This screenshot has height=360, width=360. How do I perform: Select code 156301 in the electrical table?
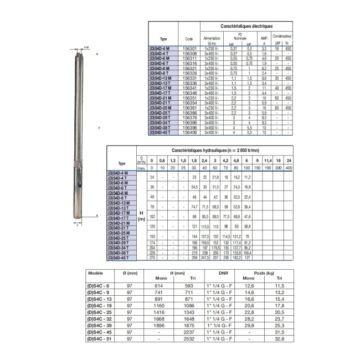[x=188, y=49]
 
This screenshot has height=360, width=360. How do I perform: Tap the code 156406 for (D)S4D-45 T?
[x=188, y=133]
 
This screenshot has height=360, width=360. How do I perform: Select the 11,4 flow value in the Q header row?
[x=268, y=161]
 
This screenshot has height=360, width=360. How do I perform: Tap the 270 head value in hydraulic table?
[x=152, y=258]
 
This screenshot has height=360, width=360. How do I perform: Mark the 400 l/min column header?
[x=289, y=167]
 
